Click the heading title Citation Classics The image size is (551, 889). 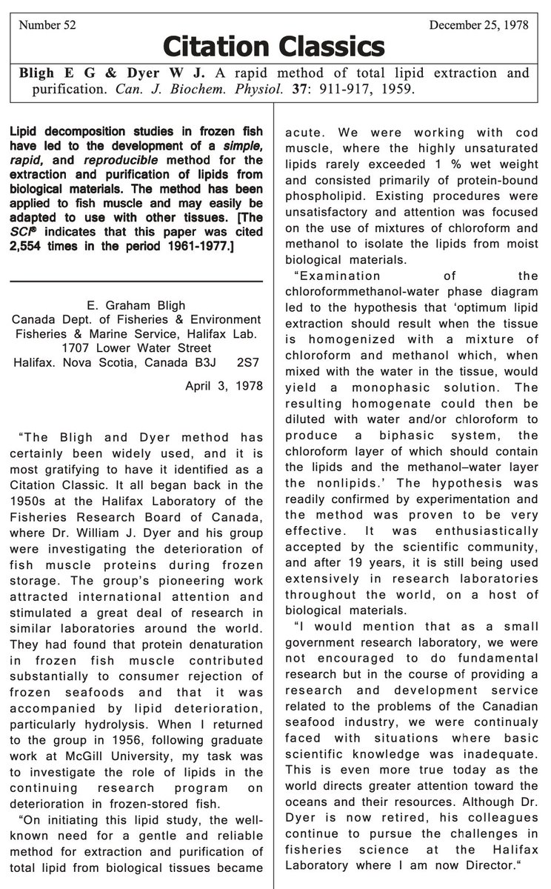275,47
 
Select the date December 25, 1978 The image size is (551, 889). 478,24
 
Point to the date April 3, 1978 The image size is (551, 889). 224,385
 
